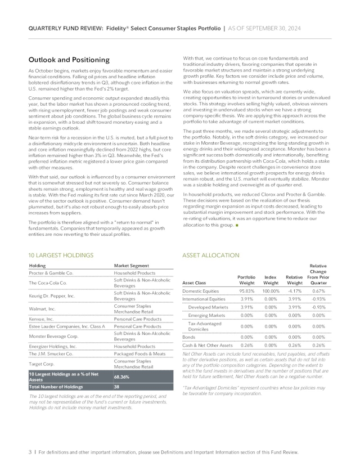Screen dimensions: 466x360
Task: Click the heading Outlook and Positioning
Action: (x=69, y=60)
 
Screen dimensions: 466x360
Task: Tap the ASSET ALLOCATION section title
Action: (x=211, y=255)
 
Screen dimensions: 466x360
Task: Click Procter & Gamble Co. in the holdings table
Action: (x=51, y=272)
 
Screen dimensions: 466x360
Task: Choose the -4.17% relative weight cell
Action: (x=295, y=290)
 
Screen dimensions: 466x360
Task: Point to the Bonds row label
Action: (x=189, y=336)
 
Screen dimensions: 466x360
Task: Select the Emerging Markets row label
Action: (x=207, y=315)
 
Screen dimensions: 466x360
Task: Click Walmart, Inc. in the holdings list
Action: (x=42, y=308)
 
